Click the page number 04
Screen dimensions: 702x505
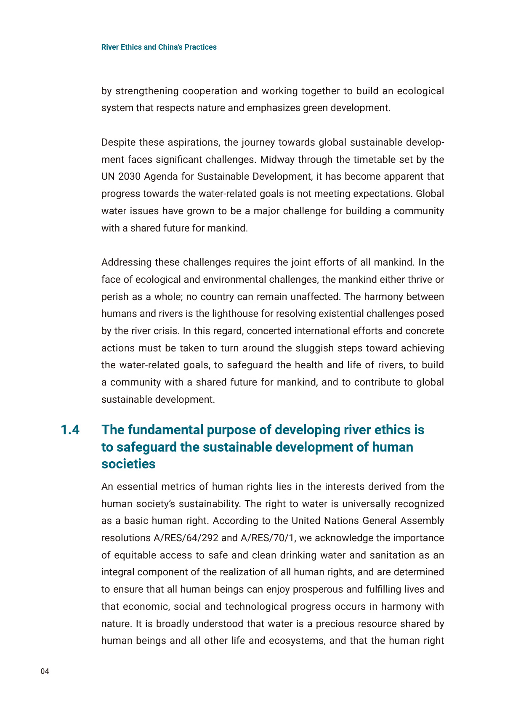[45, 671]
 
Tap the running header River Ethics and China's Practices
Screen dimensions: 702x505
[159, 47]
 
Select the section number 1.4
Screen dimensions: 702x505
[70, 430]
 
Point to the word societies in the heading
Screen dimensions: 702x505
[128, 464]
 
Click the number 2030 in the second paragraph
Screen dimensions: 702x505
[129, 176]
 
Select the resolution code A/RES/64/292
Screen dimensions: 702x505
[192, 538]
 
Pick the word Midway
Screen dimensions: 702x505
[275, 160]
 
